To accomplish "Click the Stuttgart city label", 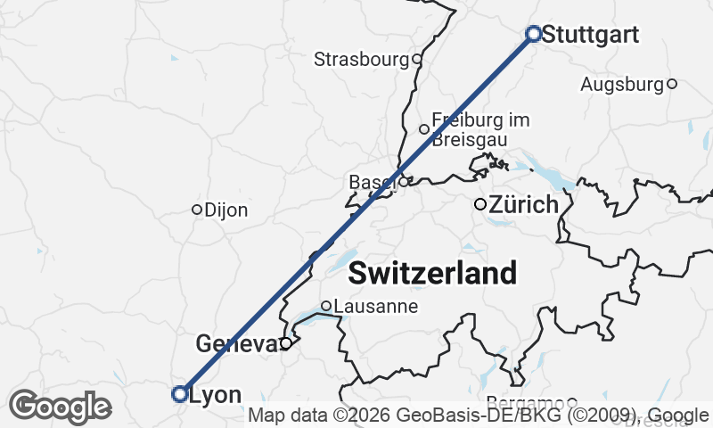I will pyautogui.click(x=591, y=35).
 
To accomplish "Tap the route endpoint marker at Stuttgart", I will pyautogui.click(x=534, y=34).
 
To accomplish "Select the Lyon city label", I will pyautogui.click(x=216, y=394).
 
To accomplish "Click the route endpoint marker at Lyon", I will pyautogui.click(x=180, y=393).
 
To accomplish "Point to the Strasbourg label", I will pyautogui.click(x=361, y=60).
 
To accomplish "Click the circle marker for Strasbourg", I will pyautogui.click(x=416, y=60).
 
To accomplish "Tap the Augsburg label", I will pyautogui.click(x=622, y=85).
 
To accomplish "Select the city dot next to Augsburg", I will pyautogui.click(x=672, y=84).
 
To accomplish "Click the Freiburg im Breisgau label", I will pyautogui.click(x=479, y=129).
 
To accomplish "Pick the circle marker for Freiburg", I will pyautogui.click(x=424, y=129).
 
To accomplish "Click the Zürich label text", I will pyautogui.click(x=524, y=205).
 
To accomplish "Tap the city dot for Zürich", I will pyautogui.click(x=480, y=204).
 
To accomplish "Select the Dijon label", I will pyautogui.click(x=226, y=210).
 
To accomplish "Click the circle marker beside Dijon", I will pyautogui.click(x=197, y=210).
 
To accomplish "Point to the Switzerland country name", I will pyautogui.click(x=432, y=273).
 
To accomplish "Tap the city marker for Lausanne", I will pyautogui.click(x=326, y=306).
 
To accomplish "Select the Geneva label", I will pyautogui.click(x=235, y=343).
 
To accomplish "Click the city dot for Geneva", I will pyautogui.click(x=286, y=343).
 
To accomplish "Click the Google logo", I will pyautogui.click(x=61, y=407).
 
